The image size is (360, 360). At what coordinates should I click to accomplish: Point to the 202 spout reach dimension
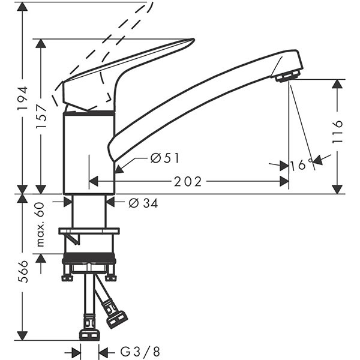click(188, 182)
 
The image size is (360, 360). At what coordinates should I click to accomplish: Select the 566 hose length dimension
click(22, 274)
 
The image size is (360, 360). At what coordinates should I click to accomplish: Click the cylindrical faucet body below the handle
click(89, 153)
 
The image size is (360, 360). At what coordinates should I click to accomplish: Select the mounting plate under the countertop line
click(89, 231)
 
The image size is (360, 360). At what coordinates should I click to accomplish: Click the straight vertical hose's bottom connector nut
click(89, 332)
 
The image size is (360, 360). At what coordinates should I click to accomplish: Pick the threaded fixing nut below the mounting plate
click(89, 260)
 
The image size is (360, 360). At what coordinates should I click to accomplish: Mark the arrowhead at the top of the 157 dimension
click(41, 44)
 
